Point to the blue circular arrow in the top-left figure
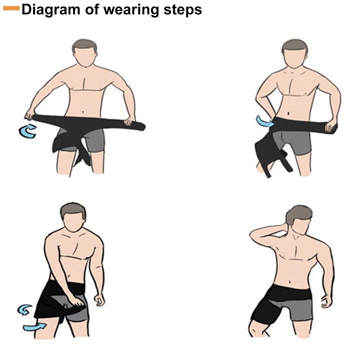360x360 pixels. coord(27,131)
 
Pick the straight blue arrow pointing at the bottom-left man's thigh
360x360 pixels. coord(35,327)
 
